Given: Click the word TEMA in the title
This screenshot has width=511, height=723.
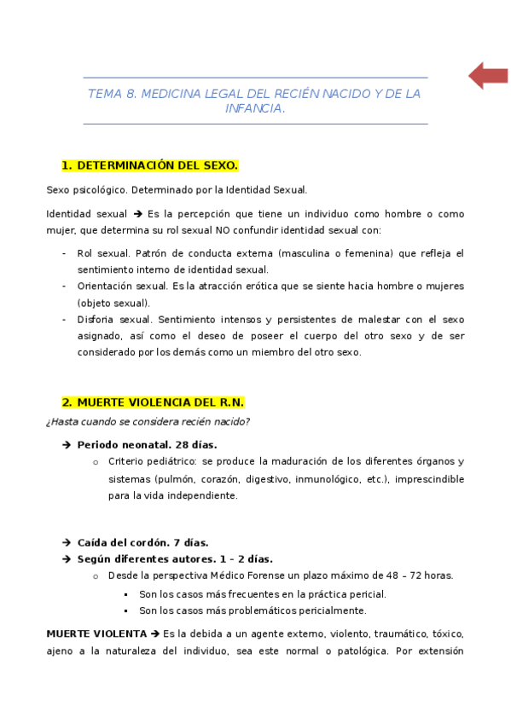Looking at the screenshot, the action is pyautogui.click(x=104, y=94).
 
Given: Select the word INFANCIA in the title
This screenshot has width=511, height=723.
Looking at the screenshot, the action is pyautogui.click(x=255, y=109).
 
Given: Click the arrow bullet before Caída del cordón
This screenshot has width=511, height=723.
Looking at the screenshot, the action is pyautogui.click(x=67, y=542).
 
